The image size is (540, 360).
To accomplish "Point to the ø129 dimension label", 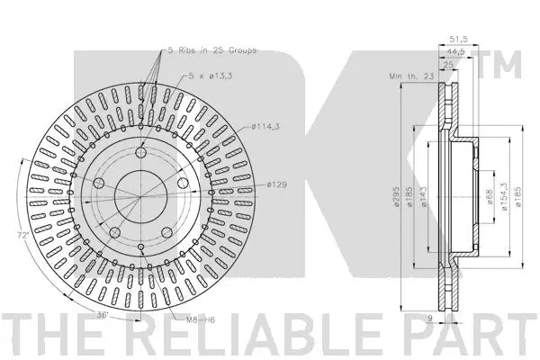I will [x=277, y=184].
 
